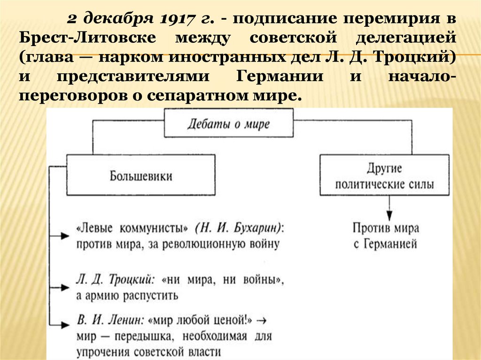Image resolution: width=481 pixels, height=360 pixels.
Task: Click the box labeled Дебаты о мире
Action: [x=228, y=124]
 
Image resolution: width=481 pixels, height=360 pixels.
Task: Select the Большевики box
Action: [x=141, y=176]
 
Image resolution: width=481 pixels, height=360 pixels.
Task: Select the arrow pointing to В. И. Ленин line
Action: [x=62, y=324]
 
